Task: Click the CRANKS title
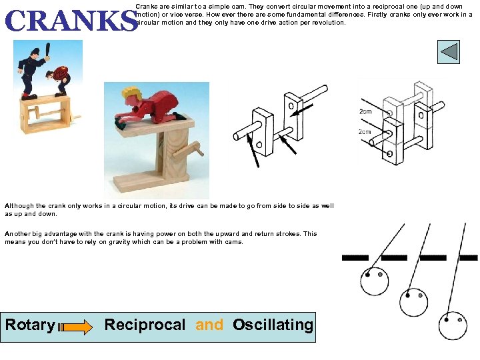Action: (x=71, y=21)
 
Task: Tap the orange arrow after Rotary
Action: (x=75, y=327)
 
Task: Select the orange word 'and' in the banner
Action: (x=209, y=325)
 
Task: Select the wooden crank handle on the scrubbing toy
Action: (x=188, y=150)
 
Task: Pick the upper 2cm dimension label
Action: (x=365, y=111)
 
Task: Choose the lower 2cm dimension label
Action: (x=365, y=131)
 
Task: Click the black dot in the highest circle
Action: (x=367, y=275)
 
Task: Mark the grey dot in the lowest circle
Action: (x=460, y=320)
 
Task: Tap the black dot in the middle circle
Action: (x=408, y=295)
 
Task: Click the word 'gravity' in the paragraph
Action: (x=119, y=242)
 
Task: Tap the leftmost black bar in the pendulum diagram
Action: (x=355, y=258)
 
